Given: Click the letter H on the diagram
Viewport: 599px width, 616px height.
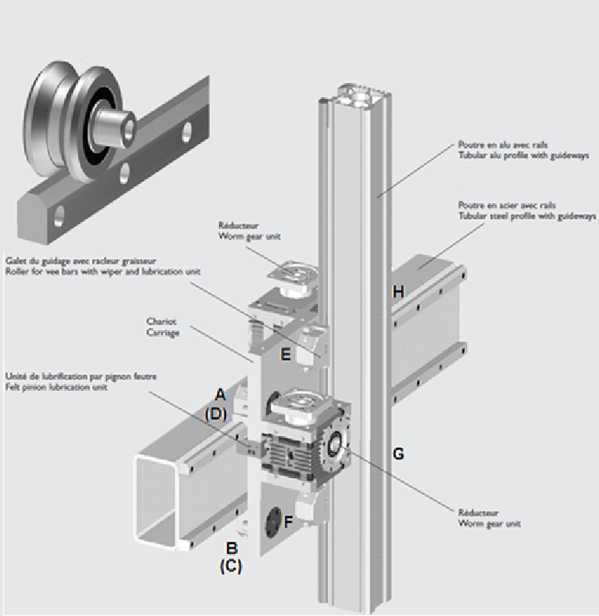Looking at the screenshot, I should pyautogui.click(x=398, y=292).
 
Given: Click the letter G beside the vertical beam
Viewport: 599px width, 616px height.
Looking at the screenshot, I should pyautogui.click(x=398, y=454).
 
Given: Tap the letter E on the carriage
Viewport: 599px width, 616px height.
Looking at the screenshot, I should pyautogui.click(x=286, y=355).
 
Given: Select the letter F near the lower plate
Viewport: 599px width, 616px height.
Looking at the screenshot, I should pyautogui.click(x=287, y=520).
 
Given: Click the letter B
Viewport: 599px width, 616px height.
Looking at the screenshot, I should pyautogui.click(x=232, y=548).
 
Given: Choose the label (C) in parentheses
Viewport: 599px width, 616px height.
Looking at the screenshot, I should pyautogui.click(x=230, y=565).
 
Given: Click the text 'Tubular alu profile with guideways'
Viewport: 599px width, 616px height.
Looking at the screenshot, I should pyautogui.click(x=523, y=155).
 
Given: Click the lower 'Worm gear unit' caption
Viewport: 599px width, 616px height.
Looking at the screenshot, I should pyautogui.click(x=488, y=523).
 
